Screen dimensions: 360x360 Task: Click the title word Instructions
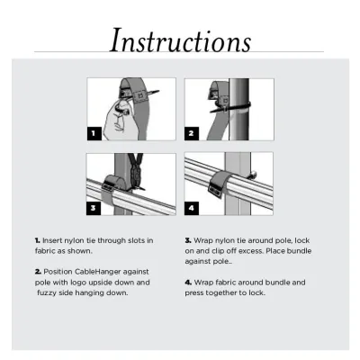[179, 40]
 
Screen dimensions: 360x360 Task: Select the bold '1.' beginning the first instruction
[38, 240]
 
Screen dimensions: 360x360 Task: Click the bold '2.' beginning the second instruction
[38, 271]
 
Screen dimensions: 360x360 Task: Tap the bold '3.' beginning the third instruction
[187, 240]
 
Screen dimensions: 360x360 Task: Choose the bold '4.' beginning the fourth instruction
[187, 282]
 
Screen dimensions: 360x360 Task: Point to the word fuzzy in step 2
[52, 292]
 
